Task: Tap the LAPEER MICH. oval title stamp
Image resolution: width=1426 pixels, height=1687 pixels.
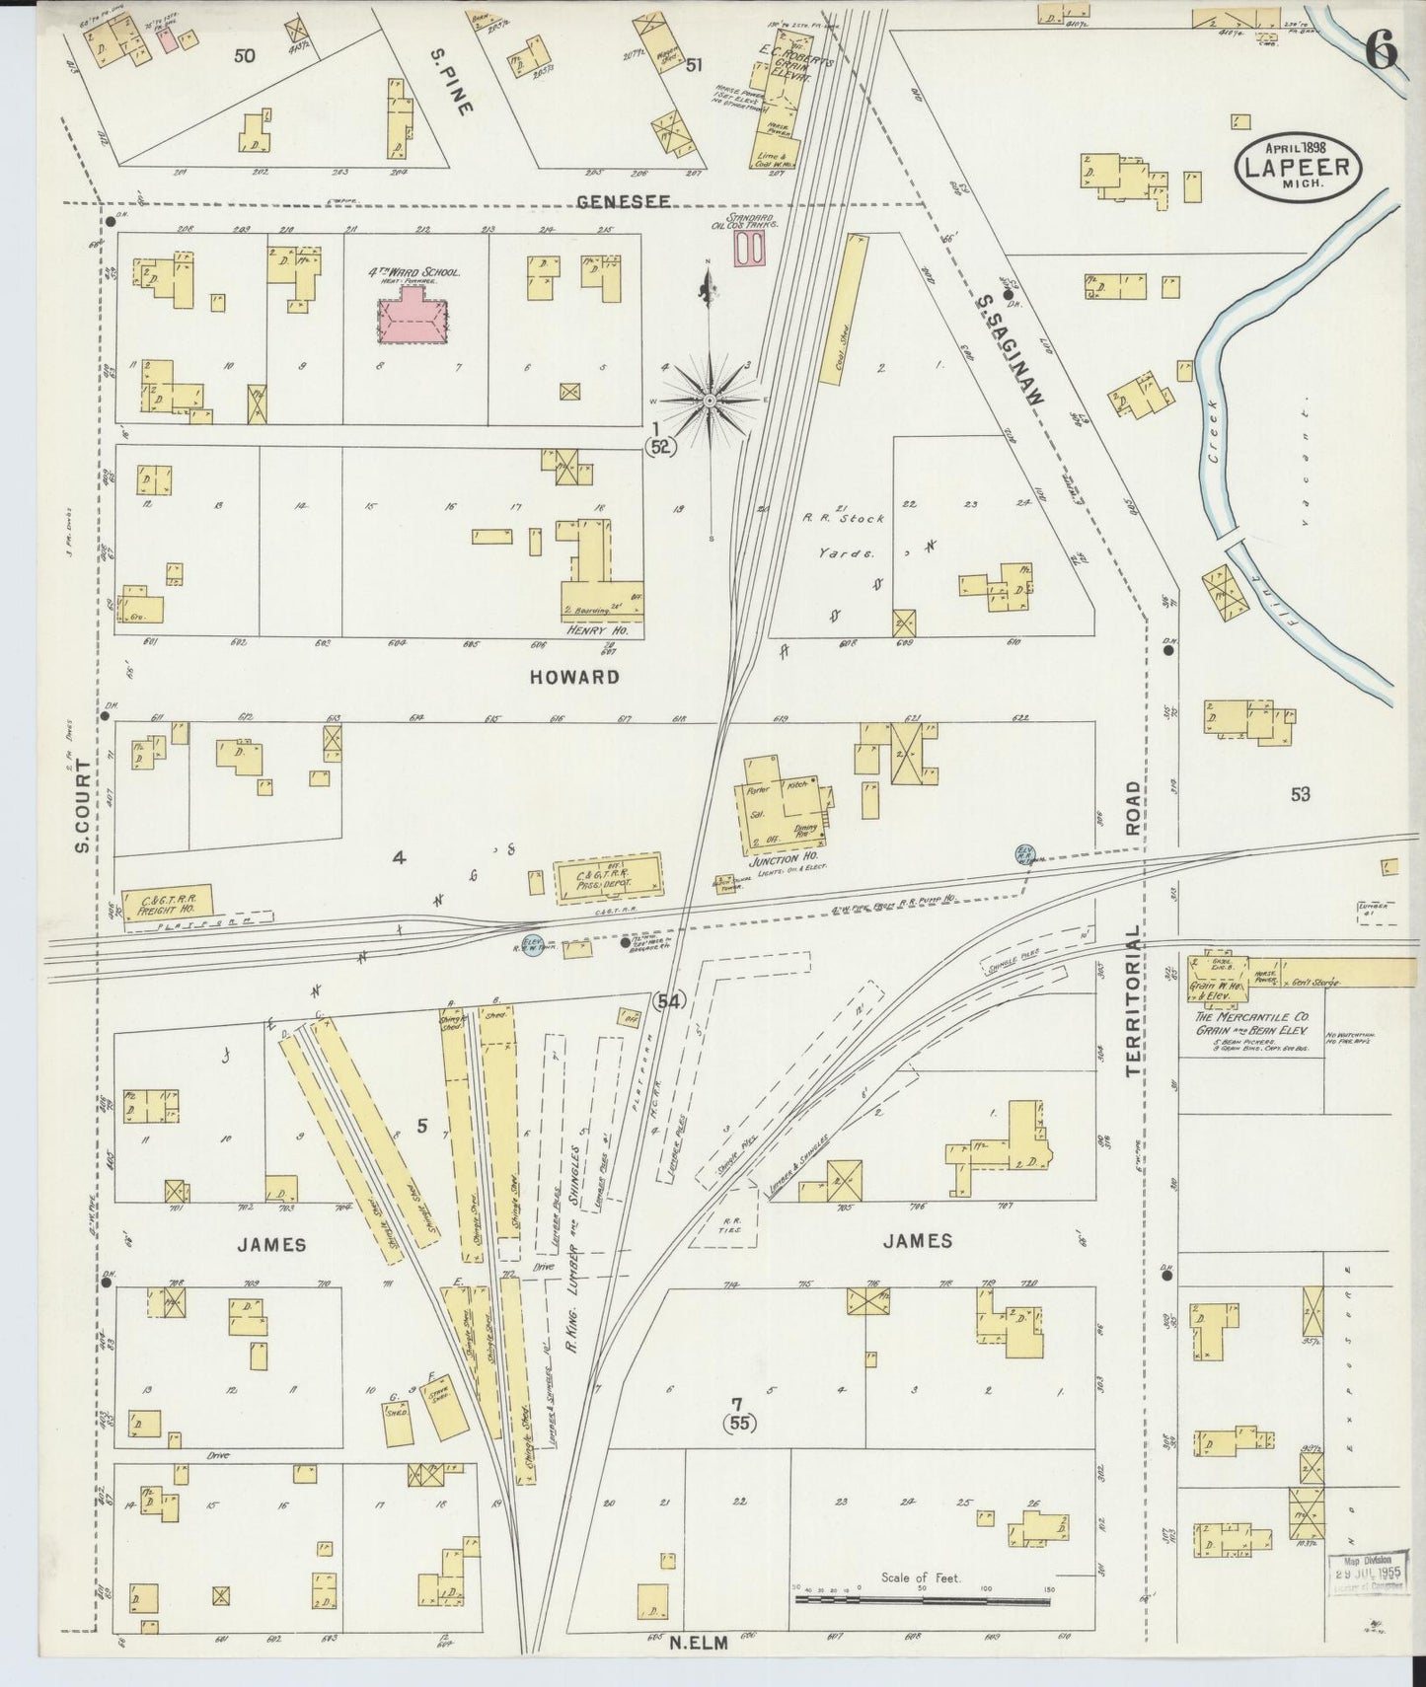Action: tap(1298, 168)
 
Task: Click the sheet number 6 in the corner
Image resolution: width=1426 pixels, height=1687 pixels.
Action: tap(1382, 51)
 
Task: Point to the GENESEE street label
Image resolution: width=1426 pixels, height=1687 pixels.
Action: tap(623, 201)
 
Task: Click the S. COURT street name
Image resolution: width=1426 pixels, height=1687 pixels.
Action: tap(83, 805)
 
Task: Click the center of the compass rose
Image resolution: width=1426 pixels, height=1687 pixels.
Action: tap(710, 400)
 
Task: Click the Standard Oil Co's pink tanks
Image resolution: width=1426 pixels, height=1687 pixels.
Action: tap(750, 248)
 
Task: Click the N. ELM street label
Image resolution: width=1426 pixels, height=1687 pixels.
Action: tap(698, 1643)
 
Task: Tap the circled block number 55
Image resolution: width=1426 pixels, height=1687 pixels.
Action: tap(738, 1423)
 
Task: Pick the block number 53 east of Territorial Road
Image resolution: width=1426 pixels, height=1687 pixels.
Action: tap(1300, 793)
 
